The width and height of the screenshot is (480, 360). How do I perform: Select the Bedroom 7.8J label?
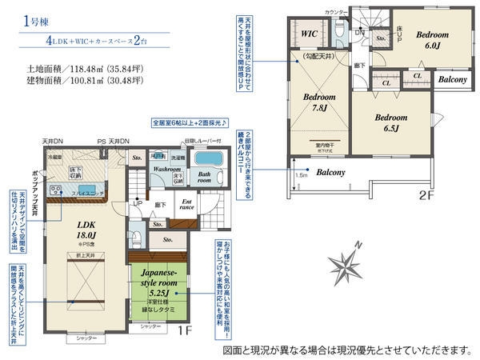tap(319, 102)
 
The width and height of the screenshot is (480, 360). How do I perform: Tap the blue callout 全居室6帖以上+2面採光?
tap(189, 123)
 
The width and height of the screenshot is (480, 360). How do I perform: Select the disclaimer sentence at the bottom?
tap(346, 350)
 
